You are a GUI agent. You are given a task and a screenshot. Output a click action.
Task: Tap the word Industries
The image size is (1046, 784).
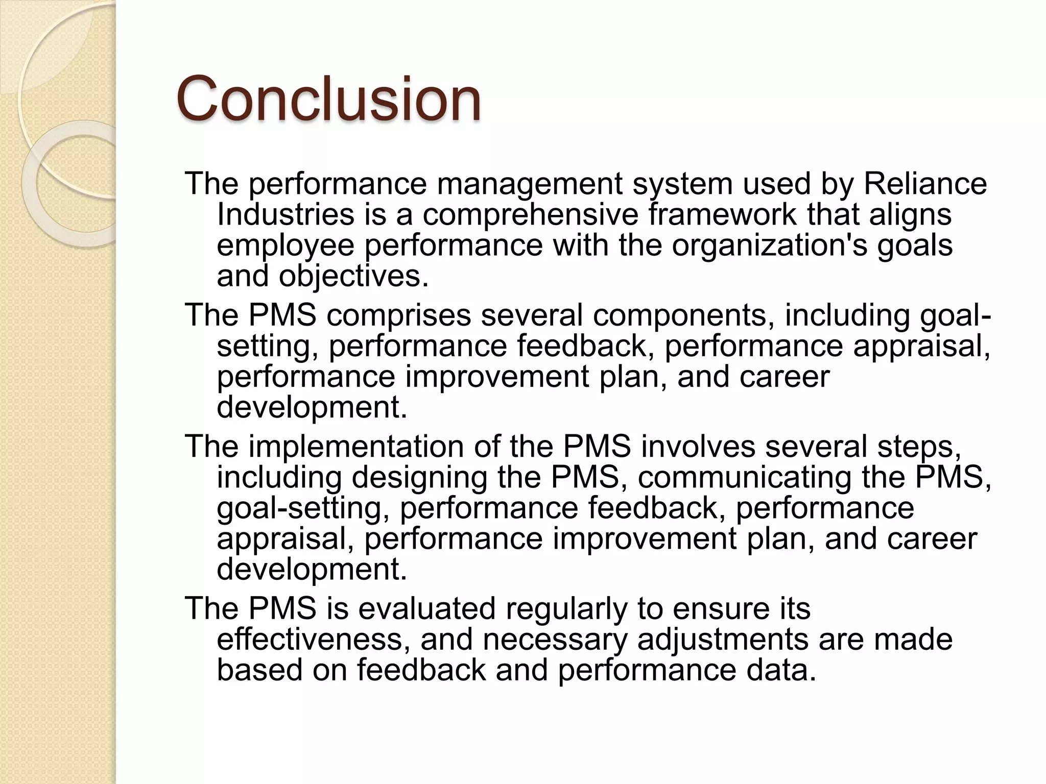click(x=286, y=214)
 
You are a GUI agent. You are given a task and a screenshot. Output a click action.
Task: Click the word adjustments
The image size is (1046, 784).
click(x=723, y=639)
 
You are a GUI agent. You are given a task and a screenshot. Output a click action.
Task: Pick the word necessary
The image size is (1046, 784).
click(x=555, y=639)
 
